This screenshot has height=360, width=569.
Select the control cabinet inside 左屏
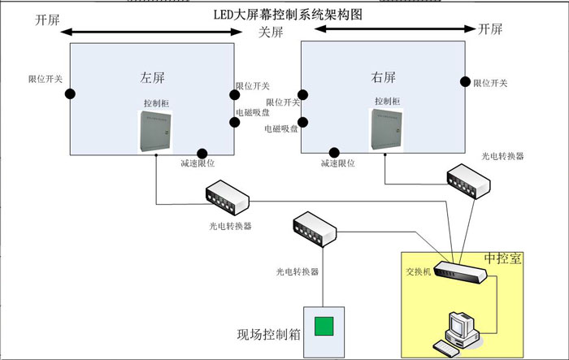[x=155, y=131]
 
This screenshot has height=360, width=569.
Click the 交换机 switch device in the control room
[x=460, y=271]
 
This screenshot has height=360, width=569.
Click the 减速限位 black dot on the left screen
[x=202, y=153]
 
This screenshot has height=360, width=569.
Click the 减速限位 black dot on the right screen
[x=332, y=152]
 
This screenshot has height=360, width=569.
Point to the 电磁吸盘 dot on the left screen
[x=235, y=123]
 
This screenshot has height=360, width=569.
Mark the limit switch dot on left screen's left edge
[x=70, y=93]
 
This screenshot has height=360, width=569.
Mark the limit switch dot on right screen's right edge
[x=466, y=81]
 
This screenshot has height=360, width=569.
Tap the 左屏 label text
[x=153, y=78]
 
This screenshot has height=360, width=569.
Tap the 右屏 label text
[x=384, y=77]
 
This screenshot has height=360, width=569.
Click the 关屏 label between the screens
[x=271, y=33]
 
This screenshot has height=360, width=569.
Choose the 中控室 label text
[x=503, y=258]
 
